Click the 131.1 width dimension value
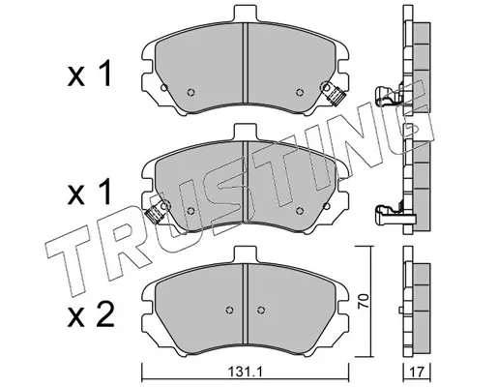246,372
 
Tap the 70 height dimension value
364,301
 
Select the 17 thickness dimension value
418,372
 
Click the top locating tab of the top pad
246,14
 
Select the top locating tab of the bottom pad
246,254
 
